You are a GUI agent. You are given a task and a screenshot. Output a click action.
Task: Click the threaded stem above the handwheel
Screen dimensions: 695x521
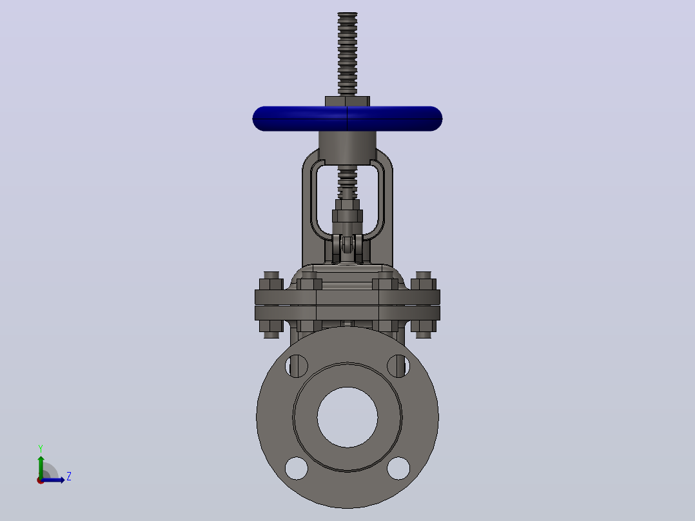pos(347,54)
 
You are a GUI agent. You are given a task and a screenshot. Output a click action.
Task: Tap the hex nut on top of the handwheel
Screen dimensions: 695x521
pos(347,101)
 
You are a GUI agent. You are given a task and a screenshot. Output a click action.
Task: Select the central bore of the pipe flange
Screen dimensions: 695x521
pos(347,417)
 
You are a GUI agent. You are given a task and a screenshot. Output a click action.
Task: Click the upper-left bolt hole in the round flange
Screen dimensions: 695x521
pos(297,366)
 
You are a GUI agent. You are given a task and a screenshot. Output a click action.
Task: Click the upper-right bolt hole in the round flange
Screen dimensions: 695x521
pos(398,366)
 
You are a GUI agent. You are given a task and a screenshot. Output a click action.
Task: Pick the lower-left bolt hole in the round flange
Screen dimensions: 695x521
pos(297,467)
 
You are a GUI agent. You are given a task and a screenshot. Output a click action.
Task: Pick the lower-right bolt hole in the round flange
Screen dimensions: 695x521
pos(398,467)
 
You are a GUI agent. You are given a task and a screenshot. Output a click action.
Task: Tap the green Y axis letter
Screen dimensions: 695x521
pos(41,449)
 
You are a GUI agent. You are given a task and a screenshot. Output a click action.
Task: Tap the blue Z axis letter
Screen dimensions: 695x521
pos(69,477)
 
